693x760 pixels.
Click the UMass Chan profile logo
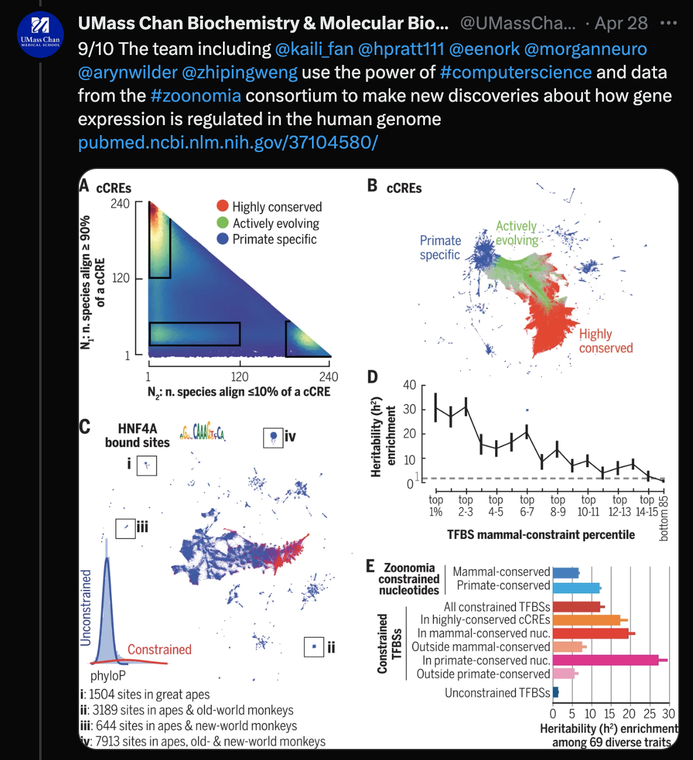click(40, 34)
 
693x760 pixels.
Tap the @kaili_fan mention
click(314, 49)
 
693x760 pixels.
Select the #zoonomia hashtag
click(195, 96)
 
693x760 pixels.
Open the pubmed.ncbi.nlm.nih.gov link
click(228, 143)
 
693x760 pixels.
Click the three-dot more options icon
click(668, 23)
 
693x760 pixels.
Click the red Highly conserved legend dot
click(222, 206)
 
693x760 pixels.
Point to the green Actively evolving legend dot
click(222, 223)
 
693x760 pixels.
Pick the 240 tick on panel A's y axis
click(120, 203)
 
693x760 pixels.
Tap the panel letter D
click(372, 377)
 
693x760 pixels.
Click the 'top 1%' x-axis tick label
click(435, 506)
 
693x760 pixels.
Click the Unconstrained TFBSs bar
click(555, 693)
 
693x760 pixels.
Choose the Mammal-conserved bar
click(565, 572)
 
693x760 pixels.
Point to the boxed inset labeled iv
click(273, 437)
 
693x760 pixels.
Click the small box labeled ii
click(314, 647)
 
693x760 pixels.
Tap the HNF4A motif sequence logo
click(202, 432)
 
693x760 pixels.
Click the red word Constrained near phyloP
click(159, 650)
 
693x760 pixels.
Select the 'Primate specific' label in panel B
click(440, 247)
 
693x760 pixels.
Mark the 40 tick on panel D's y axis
click(409, 385)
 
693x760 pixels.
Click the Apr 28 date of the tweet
click(621, 23)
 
